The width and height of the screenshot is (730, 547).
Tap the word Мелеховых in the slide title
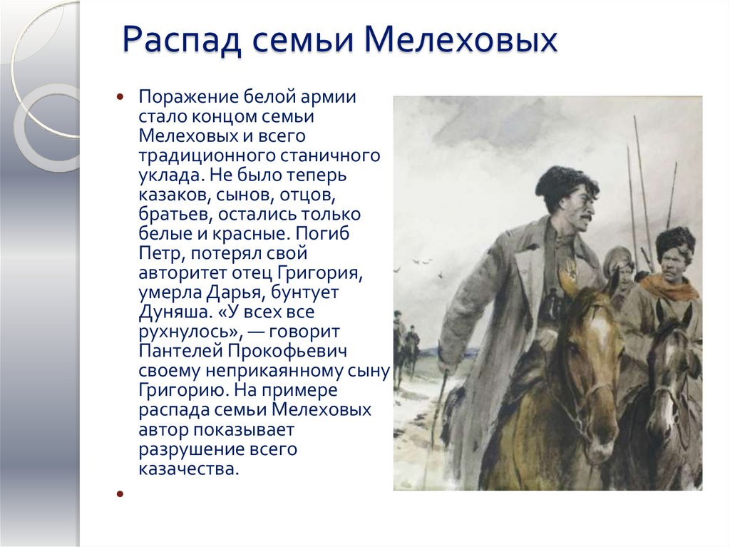[x=461, y=41]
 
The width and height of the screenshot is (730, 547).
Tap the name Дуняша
[x=172, y=312]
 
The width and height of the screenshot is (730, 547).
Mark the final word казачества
[x=187, y=469]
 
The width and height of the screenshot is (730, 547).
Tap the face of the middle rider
[x=619, y=270]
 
